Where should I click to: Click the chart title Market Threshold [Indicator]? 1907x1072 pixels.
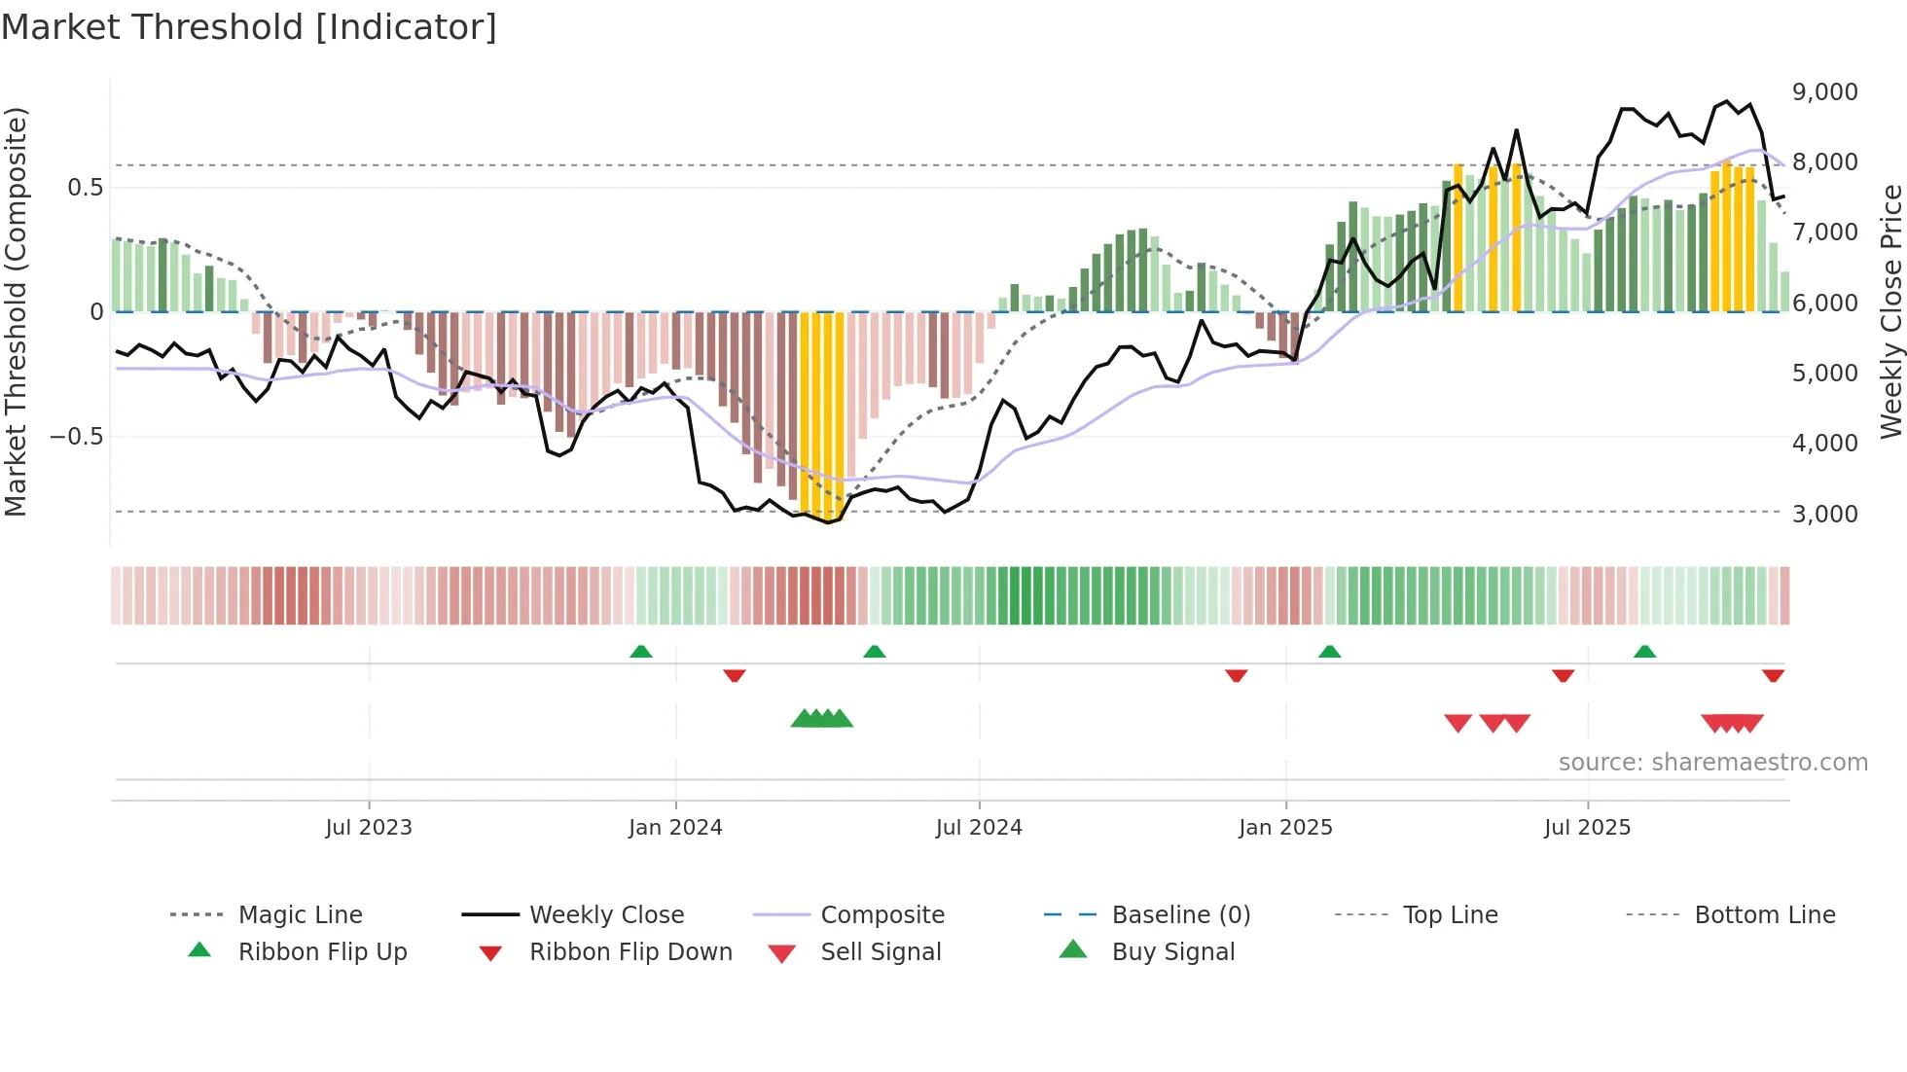249,27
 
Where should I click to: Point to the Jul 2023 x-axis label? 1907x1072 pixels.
369,828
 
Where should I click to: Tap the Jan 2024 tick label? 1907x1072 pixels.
675,828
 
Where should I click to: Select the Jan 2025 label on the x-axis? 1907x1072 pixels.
1285,828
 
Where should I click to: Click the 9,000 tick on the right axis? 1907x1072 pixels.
1824,92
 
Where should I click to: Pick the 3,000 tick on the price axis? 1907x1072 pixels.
1824,514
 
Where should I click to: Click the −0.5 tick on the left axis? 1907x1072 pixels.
77,436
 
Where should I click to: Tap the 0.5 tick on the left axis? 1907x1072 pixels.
85,187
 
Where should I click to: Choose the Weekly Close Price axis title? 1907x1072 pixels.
1890,311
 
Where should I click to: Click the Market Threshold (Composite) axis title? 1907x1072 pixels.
16,311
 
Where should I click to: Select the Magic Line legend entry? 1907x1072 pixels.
300,915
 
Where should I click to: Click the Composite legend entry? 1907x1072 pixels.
882,915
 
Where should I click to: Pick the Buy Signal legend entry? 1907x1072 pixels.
1172,952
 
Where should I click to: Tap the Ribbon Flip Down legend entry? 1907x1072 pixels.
630,952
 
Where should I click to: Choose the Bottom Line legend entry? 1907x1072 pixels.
1764,915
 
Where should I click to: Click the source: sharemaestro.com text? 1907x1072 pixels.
1712,763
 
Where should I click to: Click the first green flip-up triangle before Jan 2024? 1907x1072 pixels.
640,652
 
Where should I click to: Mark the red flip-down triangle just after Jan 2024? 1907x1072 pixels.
735,675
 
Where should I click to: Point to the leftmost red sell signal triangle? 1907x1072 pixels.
1457,723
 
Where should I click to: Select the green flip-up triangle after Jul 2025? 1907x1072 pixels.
1644,652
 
